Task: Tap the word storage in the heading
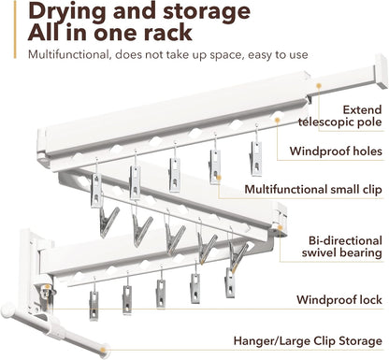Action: coord(208,12)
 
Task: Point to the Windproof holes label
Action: coord(336,151)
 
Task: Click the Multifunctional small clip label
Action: coord(313,190)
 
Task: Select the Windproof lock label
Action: coord(339,300)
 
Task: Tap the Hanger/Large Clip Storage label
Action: coord(308,340)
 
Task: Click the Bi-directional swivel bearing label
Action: coord(342,247)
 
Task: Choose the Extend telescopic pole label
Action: coord(340,116)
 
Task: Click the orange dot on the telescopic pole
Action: coord(319,86)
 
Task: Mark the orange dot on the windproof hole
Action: coord(277,120)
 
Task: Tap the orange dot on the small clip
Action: coord(219,178)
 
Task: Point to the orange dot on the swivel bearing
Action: coord(280,228)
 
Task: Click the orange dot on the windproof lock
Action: coord(47,287)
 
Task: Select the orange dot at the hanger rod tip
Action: coord(104,350)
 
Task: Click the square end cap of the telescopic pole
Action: coord(382,71)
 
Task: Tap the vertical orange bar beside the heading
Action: coord(15,29)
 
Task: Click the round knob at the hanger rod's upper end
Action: coord(7,310)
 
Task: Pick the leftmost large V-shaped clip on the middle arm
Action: coord(108,222)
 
